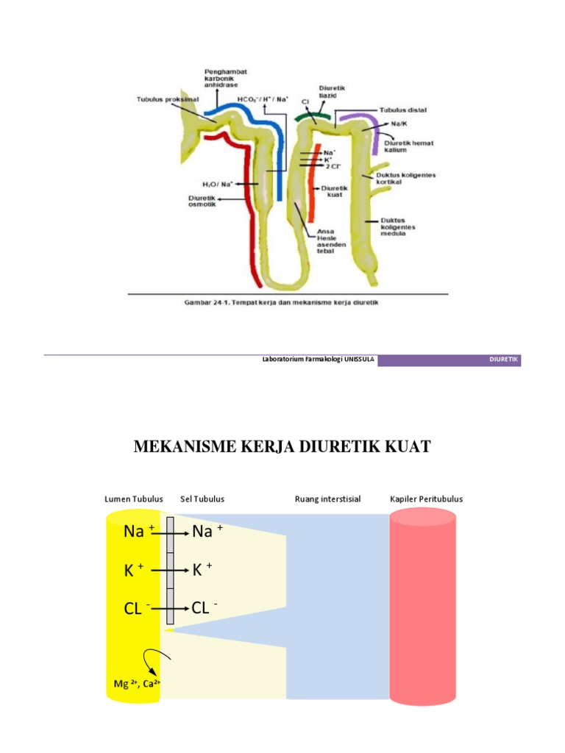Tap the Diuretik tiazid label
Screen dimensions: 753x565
(332, 90)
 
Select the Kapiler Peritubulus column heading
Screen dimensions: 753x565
(427, 499)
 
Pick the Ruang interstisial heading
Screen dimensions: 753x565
(327, 499)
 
